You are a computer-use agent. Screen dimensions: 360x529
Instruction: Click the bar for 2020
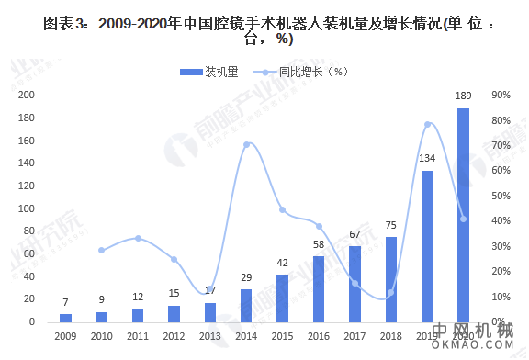pyautogui.click(x=463, y=216)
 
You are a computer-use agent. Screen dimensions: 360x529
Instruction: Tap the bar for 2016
pyautogui.click(x=319, y=288)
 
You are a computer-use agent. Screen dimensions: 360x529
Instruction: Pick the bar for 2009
pyautogui.click(x=65, y=318)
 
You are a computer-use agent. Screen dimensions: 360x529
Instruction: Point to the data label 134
pyautogui.click(x=427, y=159)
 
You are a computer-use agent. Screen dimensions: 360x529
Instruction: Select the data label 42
pyautogui.click(x=282, y=264)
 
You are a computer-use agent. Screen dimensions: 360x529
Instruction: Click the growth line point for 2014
pyautogui.click(x=246, y=144)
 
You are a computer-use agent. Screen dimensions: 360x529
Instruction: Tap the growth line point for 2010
pyautogui.click(x=102, y=251)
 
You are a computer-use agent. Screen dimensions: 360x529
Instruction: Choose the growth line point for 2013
pyautogui.click(x=210, y=291)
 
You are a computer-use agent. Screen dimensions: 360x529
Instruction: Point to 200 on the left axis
pyautogui.click(x=27, y=95)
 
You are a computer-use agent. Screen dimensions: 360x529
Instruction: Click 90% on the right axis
pyautogui.click(x=501, y=95)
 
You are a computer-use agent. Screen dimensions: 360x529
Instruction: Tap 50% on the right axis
pyautogui.click(x=501, y=196)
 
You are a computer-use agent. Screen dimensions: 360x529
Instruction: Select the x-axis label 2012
pyautogui.click(x=174, y=336)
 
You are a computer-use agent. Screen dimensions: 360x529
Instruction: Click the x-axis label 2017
pyautogui.click(x=355, y=336)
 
